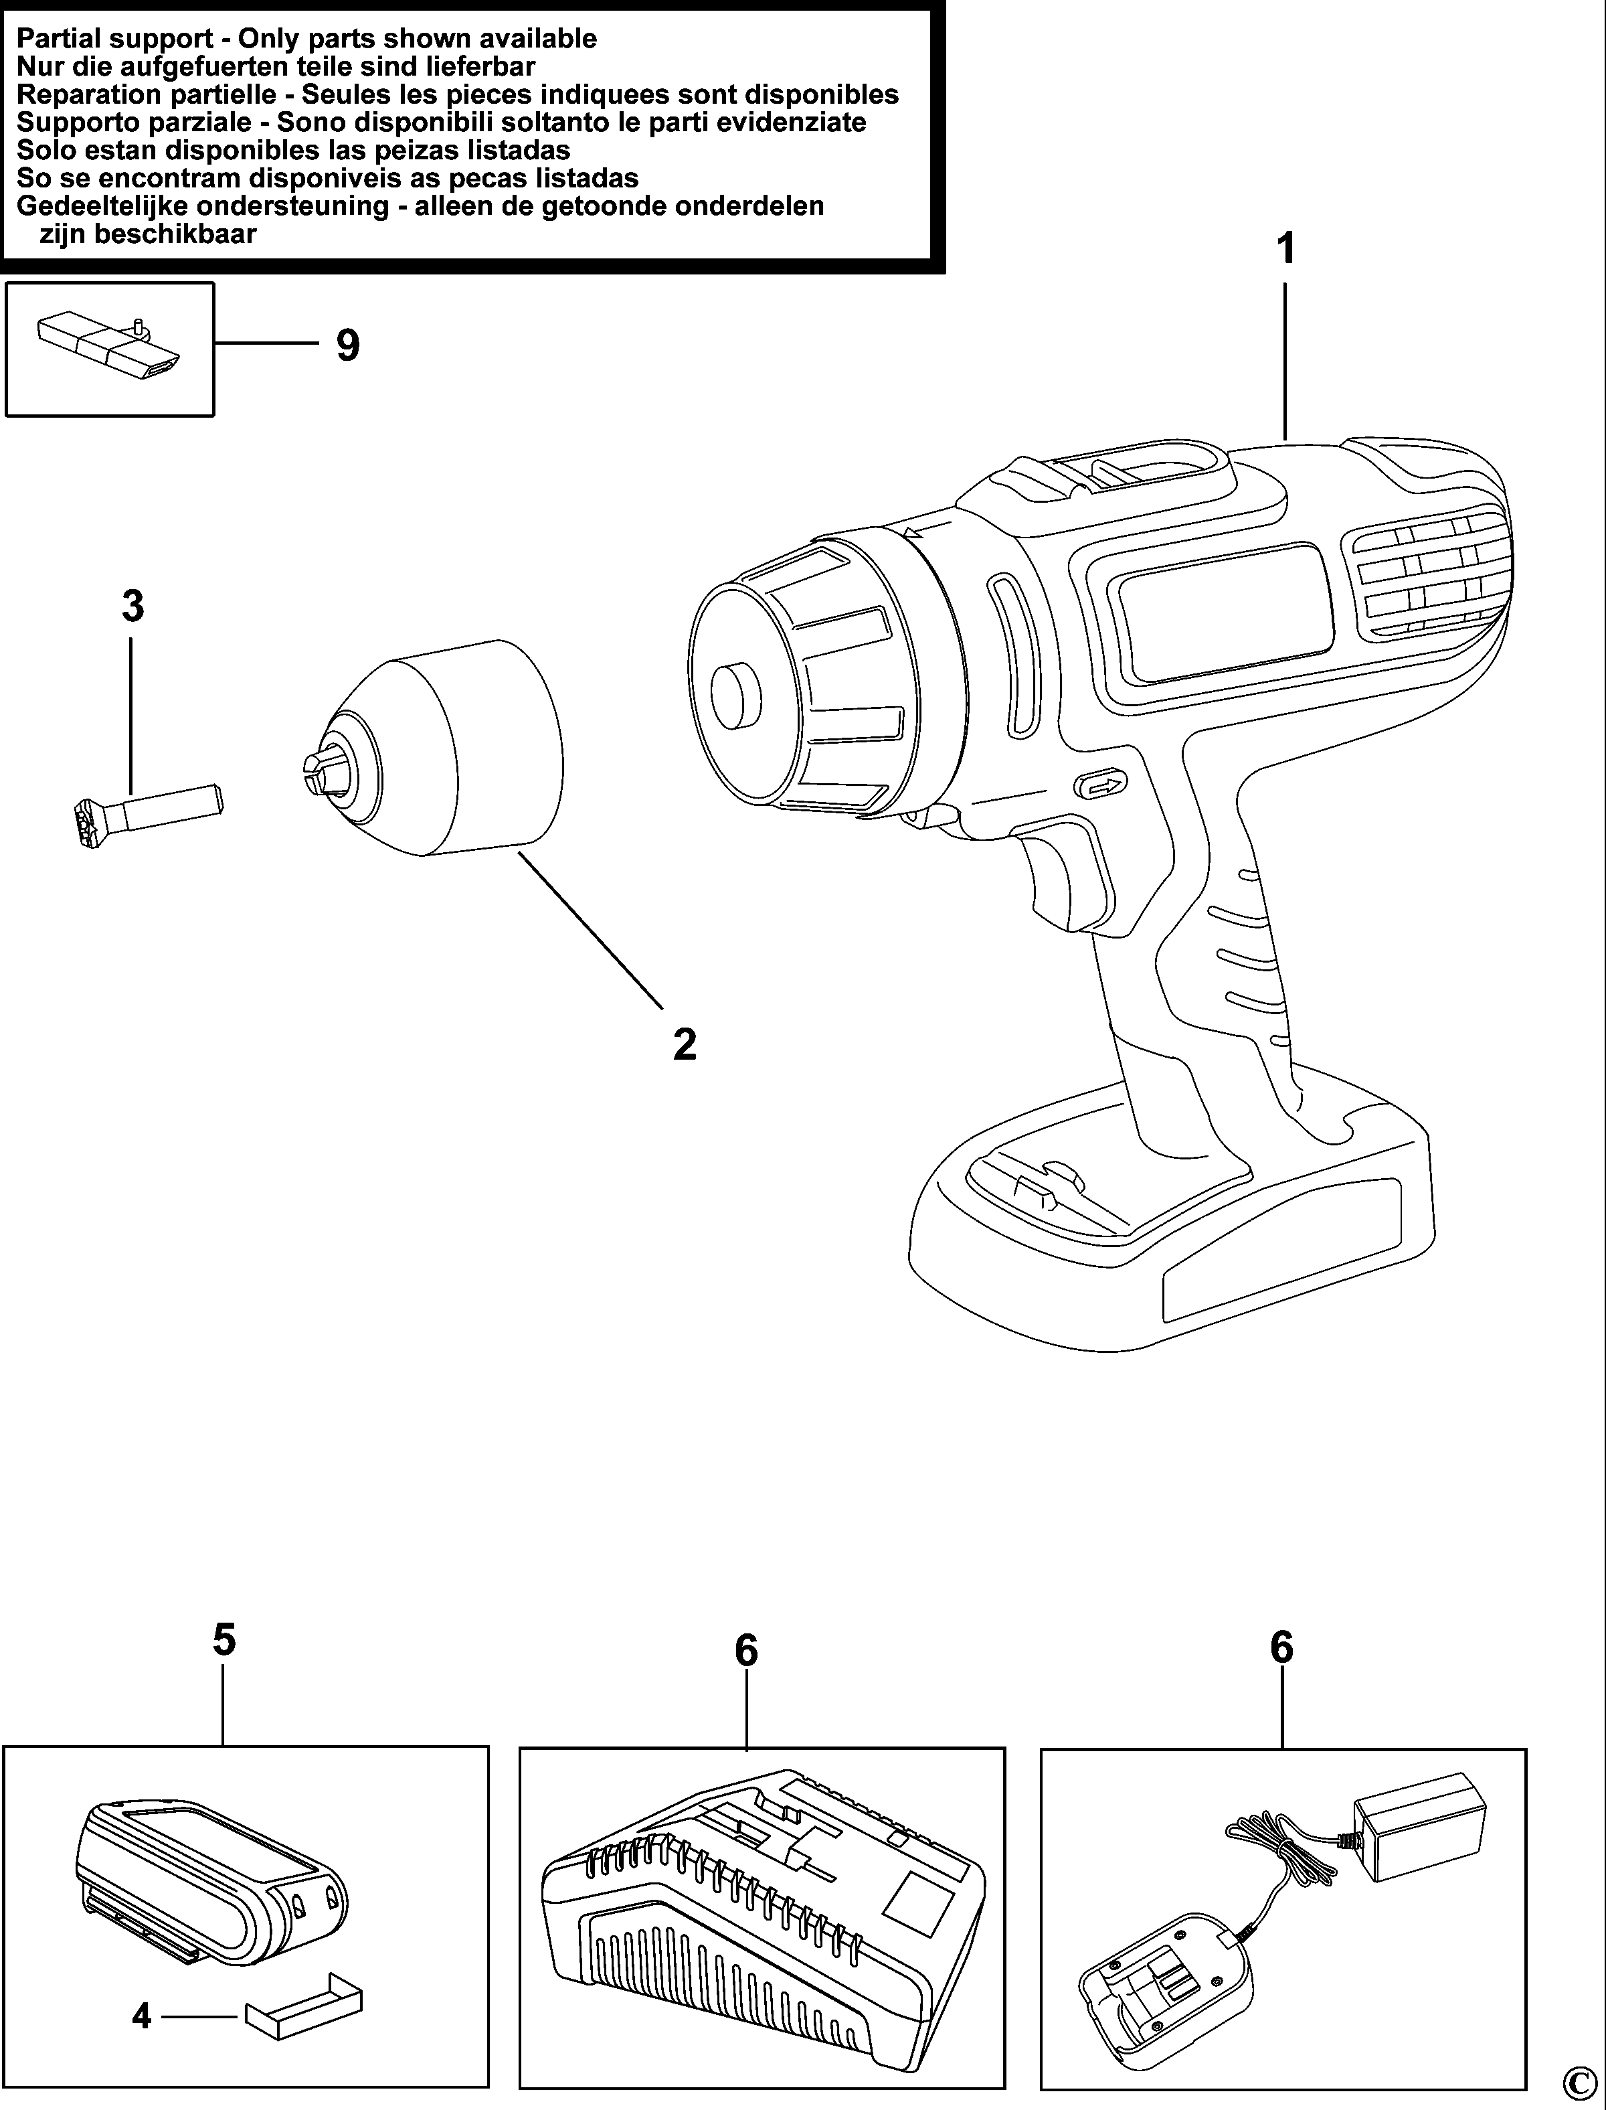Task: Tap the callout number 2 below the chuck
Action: (685, 1044)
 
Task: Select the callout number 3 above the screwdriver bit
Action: (133, 606)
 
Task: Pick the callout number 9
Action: (348, 345)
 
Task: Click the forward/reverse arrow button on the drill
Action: (1101, 785)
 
